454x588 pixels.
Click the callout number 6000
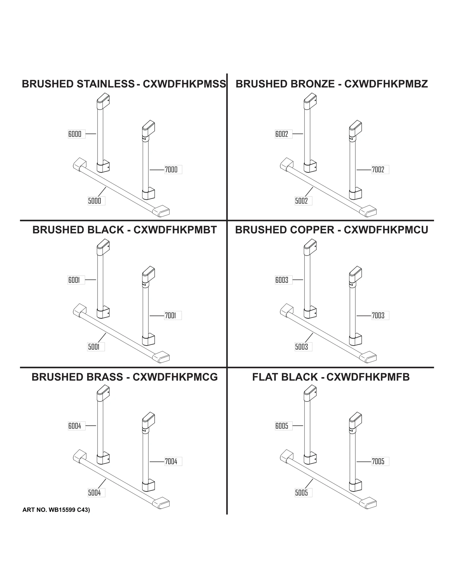[75, 134]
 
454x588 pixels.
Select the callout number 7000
[171, 170]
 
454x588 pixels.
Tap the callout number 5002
[301, 201]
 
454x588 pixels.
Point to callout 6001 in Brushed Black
[74, 280]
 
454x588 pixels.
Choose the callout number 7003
[378, 315]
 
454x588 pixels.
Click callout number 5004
[94, 493]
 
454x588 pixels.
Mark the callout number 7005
[378, 461]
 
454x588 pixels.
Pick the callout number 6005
[282, 426]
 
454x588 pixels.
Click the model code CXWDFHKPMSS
[184, 84]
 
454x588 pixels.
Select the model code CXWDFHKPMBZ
[386, 84]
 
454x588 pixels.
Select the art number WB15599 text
[62, 510]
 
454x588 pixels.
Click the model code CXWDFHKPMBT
[175, 230]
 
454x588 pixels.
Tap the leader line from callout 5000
[102, 192]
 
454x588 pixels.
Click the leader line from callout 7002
[364, 170]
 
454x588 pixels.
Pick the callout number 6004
[75, 426]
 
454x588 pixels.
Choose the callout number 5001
[94, 347]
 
